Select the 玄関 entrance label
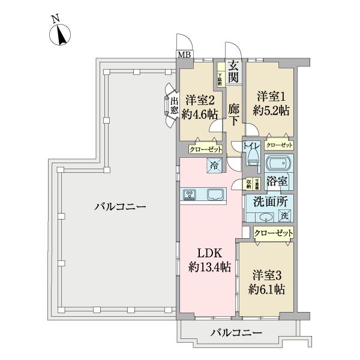click(x=234, y=71)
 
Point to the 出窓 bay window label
click(x=173, y=106)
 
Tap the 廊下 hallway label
click(x=234, y=114)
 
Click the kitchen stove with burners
click(x=191, y=194)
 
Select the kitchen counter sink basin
click(x=215, y=194)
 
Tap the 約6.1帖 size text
click(x=268, y=289)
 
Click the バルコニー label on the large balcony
click(x=120, y=208)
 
